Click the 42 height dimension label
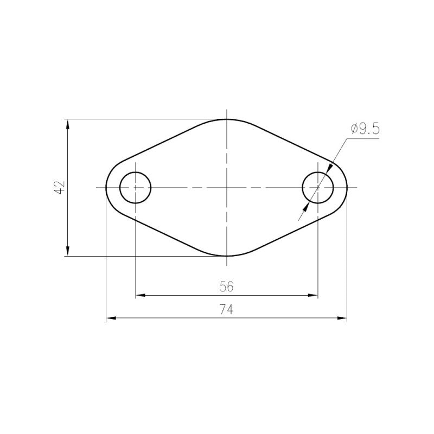click(x=60, y=187)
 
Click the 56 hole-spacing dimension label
click(x=227, y=286)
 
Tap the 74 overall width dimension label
click(x=227, y=310)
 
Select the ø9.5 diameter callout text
click(x=365, y=129)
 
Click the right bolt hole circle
click(x=318, y=187)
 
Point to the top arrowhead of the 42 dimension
click(x=68, y=123)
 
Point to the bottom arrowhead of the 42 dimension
click(x=68, y=251)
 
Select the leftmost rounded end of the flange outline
click(x=106, y=187)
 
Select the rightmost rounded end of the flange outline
click(x=347, y=187)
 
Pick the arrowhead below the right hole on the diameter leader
click(x=307, y=207)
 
